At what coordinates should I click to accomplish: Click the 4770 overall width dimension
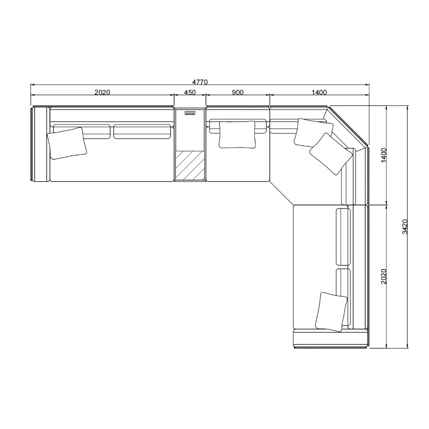click(x=200, y=82)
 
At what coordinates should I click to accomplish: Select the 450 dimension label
click(x=190, y=93)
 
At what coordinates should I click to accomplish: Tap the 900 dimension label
click(x=238, y=93)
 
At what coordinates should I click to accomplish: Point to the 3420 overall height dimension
click(x=405, y=227)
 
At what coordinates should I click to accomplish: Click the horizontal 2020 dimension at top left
click(x=103, y=93)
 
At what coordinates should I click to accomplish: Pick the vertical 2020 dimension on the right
click(x=384, y=276)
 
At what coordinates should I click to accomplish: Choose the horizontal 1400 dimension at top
click(x=319, y=93)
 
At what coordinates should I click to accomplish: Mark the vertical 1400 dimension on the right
click(x=384, y=155)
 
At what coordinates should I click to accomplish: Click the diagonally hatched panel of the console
click(x=190, y=166)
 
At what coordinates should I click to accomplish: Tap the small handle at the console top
click(x=190, y=113)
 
